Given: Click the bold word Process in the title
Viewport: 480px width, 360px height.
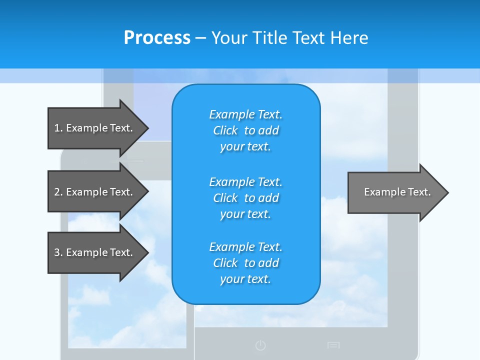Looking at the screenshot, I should tap(157, 38).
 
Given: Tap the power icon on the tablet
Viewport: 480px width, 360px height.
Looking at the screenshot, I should tap(260, 345).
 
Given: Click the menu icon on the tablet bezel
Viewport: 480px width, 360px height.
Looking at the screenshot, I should tap(333, 345).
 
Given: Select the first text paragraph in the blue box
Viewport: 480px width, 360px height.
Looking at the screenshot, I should tap(245, 130).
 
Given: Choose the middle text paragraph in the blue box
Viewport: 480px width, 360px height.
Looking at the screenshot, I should tap(245, 198).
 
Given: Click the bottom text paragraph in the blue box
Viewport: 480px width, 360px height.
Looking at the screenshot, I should tap(245, 263).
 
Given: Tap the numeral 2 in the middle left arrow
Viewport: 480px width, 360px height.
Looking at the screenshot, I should tap(57, 192).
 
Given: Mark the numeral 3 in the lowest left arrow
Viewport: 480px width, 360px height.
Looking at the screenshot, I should tap(57, 252).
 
